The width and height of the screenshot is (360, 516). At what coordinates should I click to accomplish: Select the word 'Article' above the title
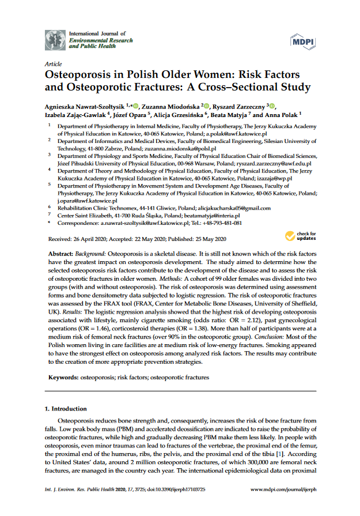(x=53, y=64)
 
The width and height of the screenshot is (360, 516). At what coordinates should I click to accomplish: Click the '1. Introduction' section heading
(x=65, y=409)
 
